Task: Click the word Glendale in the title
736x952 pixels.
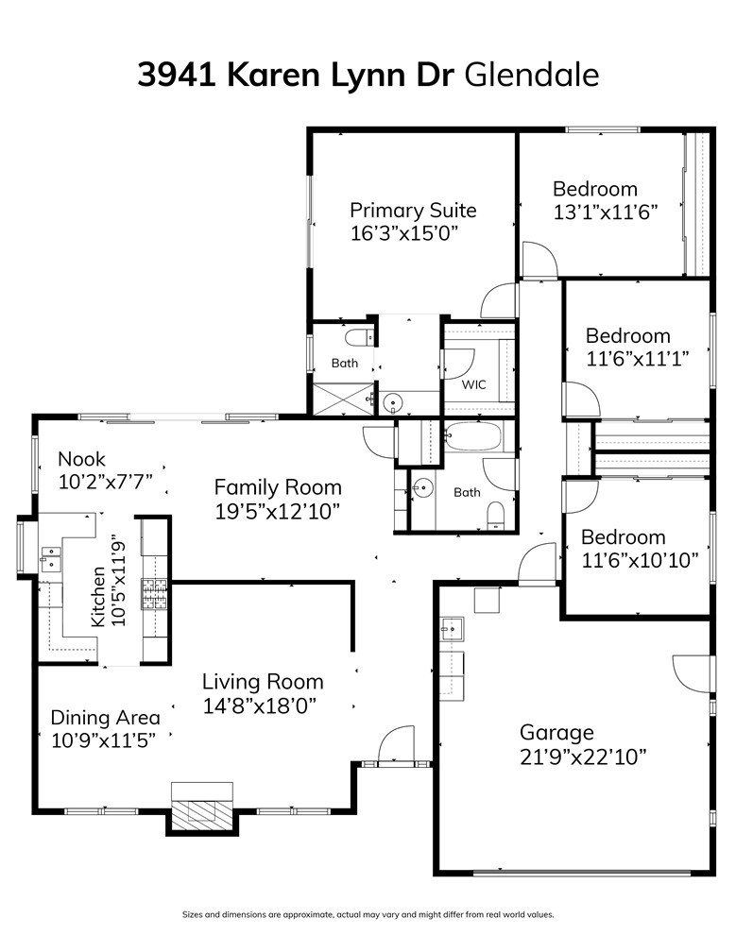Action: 532,76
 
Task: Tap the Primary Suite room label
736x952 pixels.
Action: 413,211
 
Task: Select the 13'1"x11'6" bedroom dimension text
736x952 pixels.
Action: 606,212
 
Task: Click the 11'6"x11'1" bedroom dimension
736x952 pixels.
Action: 637,359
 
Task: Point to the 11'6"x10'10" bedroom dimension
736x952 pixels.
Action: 640,560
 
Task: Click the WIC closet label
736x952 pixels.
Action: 473,384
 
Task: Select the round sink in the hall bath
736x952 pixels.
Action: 422,487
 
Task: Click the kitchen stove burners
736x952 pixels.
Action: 154,594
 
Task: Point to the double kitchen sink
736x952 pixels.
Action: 51,558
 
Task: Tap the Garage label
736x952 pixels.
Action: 556,733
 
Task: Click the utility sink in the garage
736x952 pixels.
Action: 452,630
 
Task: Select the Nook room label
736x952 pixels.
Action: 81,459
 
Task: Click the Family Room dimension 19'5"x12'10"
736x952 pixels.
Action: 277,511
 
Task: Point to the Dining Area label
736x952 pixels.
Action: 105,718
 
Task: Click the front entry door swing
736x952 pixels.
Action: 396,743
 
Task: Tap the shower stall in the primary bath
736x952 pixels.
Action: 343,399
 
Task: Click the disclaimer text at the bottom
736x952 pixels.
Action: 368,914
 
